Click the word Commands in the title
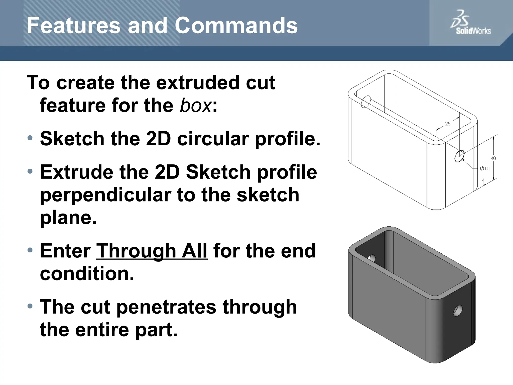point(236,26)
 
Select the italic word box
point(196,106)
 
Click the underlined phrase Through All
point(152,251)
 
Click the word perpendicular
point(105,195)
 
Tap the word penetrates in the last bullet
point(166,307)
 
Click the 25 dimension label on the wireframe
point(448,124)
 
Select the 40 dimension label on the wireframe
point(493,158)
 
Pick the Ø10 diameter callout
point(485,169)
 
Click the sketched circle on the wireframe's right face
point(459,156)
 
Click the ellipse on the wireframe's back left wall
point(366,102)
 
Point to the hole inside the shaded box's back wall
point(371,258)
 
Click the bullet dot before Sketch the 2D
point(30,138)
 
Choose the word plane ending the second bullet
point(68,218)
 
